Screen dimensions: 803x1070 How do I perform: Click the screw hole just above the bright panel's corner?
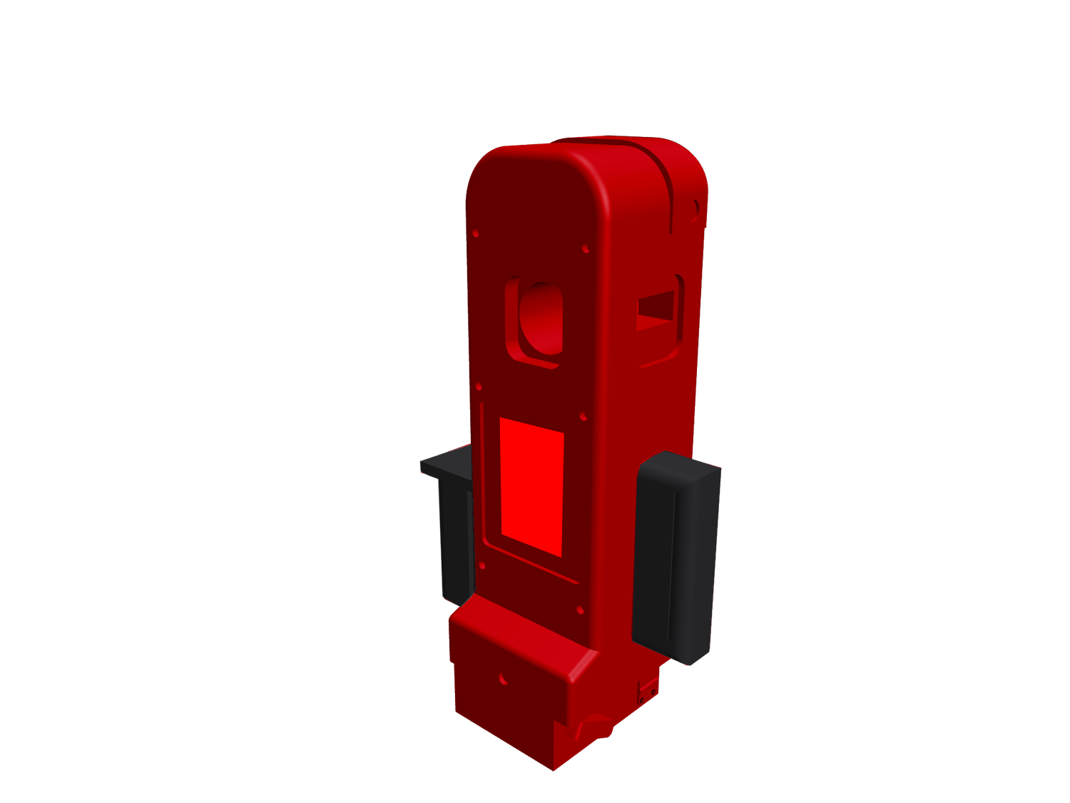tap(583, 415)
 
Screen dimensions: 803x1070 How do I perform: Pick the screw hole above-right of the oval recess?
tap(586, 249)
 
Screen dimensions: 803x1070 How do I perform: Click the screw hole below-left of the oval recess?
tap(479, 388)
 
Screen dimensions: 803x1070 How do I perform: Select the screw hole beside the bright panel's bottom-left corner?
tap(483, 565)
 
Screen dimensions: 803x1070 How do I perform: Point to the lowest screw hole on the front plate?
tap(579, 610)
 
